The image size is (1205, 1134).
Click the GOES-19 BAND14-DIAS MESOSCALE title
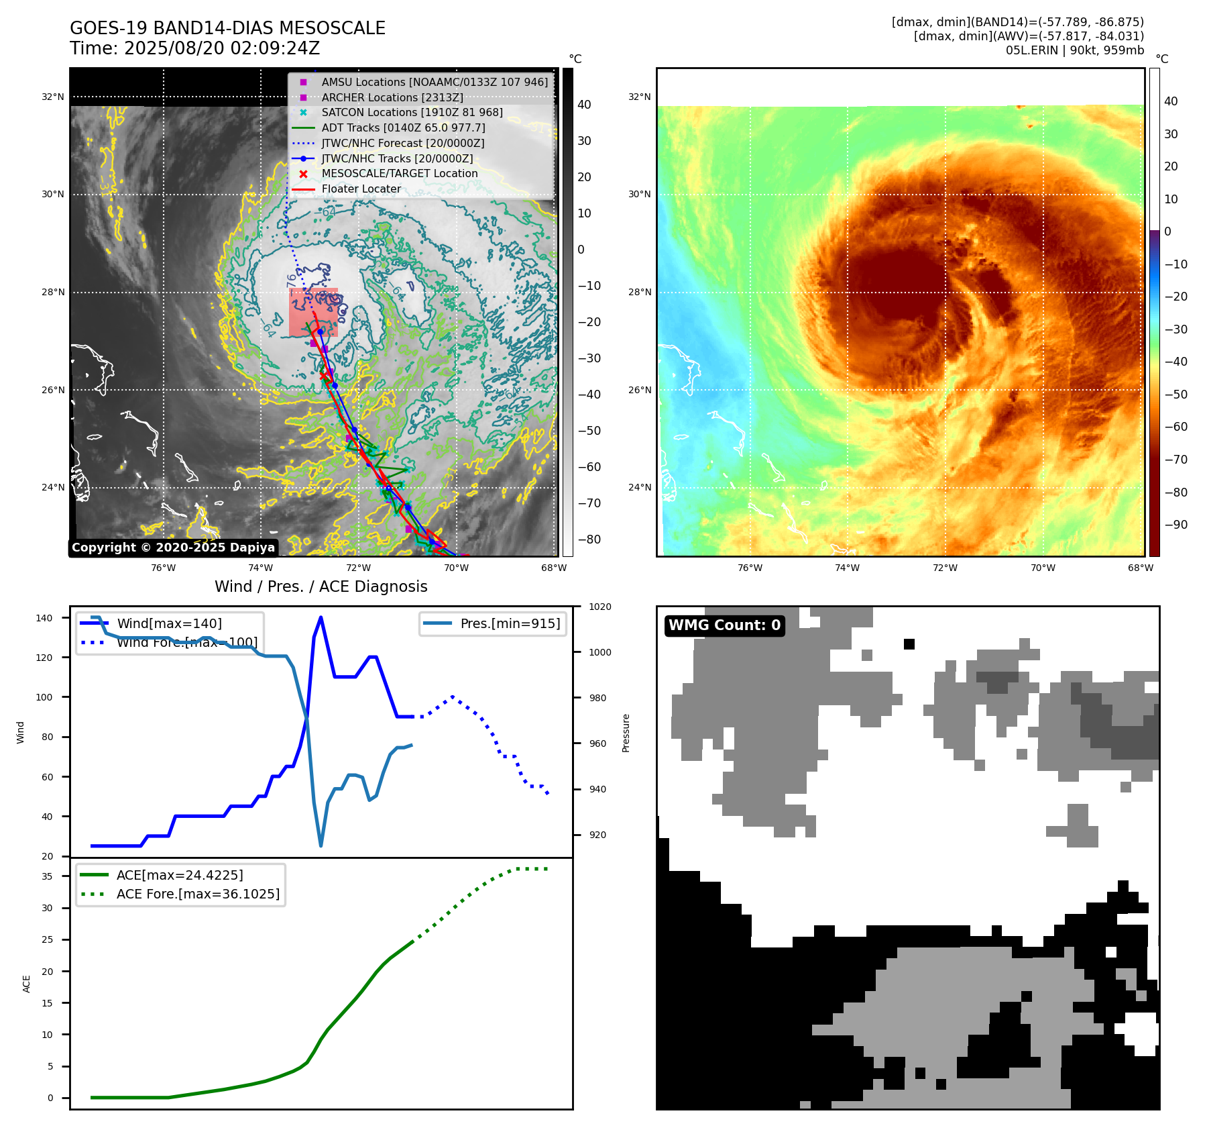(x=227, y=28)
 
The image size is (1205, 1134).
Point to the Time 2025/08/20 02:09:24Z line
(x=194, y=48)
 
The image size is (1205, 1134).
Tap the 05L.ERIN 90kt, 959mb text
(x=1074, y=50)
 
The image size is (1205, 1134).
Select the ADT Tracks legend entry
(x=403, y=127)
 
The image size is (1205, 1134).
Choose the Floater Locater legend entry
(x=361, y=189)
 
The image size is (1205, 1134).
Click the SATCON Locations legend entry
(x=412, y=112)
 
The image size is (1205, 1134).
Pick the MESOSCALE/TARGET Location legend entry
(x=400, y=174)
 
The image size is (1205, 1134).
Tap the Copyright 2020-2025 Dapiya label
(x=173, y=548)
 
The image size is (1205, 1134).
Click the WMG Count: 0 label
(x=724, y=625)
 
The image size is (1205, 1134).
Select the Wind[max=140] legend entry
(x=169, y=623)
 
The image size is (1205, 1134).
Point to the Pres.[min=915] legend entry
(x=510, y=623)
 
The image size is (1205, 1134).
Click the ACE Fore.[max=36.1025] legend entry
(x=198, y=894)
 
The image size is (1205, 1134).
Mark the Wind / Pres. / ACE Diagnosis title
(x=321, y=586)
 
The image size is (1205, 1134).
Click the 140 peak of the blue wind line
(x=321, y=617)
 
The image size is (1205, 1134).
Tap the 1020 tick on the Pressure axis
(x=599, y=607)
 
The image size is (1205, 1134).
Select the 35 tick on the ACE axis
(x=47, y=876)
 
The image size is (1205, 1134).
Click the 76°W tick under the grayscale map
(x=163, y=568)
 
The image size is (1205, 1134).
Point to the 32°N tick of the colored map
(x=639, y=97)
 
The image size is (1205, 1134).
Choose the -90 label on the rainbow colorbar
(x=1175, y=525)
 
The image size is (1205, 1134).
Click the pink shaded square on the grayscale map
(x=313, y=313)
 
